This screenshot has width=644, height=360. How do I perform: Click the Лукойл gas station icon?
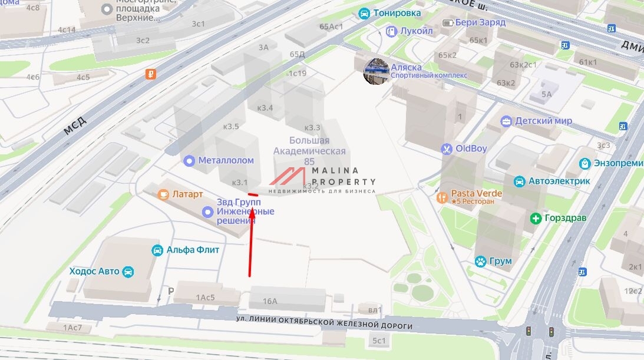point(390,31)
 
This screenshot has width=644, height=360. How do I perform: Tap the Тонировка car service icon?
point(364,13)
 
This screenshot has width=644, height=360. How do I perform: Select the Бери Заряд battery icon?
point(449,22)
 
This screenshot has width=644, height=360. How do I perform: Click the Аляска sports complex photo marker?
point(376,71)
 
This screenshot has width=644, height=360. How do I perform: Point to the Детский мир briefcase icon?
point(506,121)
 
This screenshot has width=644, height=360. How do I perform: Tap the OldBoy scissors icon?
point(447,148)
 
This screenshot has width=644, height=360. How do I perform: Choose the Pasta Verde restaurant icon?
point(442,197)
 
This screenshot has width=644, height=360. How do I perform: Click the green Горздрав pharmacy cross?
point(536,218)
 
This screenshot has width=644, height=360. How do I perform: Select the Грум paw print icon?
point(481,261)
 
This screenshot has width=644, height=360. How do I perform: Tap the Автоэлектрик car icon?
point(519,181)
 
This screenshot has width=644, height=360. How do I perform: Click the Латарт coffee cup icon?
point(163,194)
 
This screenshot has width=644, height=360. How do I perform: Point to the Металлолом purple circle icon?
point(189,160)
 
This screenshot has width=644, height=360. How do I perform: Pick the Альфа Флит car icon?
point(157,250)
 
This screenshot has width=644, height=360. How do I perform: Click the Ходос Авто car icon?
point(128,272)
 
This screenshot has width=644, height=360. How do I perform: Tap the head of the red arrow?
point(252,210)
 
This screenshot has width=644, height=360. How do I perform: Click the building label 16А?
point(270,301)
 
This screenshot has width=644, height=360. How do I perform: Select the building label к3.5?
point(232,126)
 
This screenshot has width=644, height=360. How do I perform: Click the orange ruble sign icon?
point(151,74)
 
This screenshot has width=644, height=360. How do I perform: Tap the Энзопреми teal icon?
point(584,163)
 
